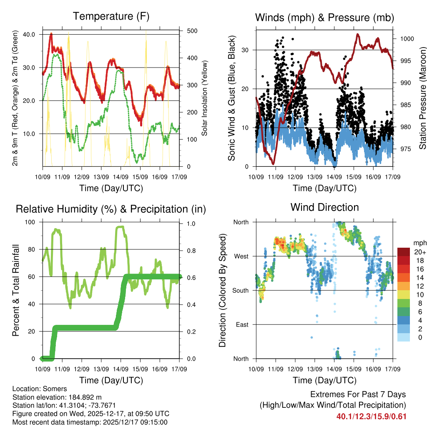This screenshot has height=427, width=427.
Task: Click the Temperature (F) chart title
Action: (111, 17)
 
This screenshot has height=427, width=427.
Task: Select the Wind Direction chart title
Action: (324, 207)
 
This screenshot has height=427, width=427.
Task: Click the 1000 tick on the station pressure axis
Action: (406, 39)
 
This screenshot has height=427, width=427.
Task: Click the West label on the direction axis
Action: (241, 256)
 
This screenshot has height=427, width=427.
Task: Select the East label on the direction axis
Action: (242, 324)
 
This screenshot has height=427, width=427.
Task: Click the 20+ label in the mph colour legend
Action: (419, 252)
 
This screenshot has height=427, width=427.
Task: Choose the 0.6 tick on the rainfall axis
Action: (190, 277)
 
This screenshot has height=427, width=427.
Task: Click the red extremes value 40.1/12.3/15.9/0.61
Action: (371, 416)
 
